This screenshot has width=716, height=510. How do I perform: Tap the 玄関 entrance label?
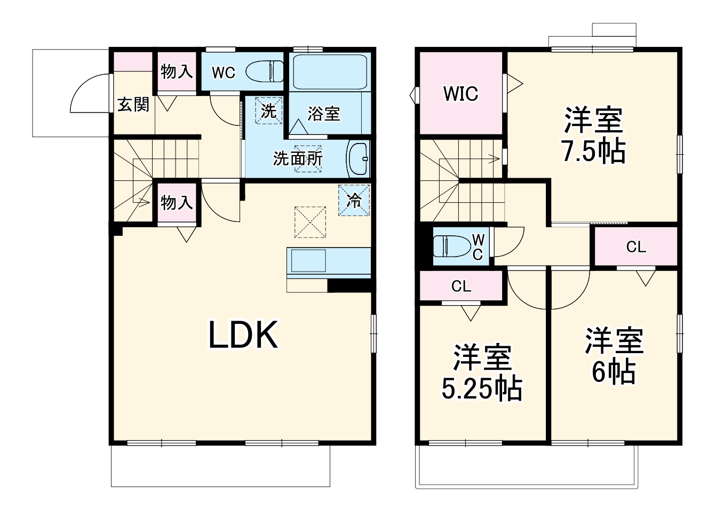pyautogui.click(x=133, y=104)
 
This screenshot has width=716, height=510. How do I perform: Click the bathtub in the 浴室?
pyautogui.click(x=330, y=71)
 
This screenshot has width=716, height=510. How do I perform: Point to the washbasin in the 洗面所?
pyautogui.click(x=359, y=159)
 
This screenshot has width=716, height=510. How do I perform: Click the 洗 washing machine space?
pyautogui.click(x=269, y=110)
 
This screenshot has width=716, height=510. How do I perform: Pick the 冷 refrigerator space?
pyautogui.click(x=354, y=200)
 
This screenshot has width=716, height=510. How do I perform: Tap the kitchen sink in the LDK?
pyautogui.click(x=308, y=260)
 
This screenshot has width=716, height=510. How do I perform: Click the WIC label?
pyautogui.click(x=460, y=94)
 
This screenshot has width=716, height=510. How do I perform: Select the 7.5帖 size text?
pyautogui.click(x=594, y=150)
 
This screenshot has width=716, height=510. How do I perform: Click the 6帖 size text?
pyautogui.click(x=614, y=372)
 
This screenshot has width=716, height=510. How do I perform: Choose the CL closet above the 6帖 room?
pyautogui.click(x=636, y=246)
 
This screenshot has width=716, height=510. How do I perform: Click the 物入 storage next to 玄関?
pyautogui.click(x=177, y=71)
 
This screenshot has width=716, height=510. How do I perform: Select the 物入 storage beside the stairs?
pyautogui.click(x=177, y=202)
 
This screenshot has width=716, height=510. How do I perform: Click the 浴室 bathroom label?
pyautogui.click(x=323, y=114)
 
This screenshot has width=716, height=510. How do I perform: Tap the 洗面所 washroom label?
pyautogui.click(x=298, y=158)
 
